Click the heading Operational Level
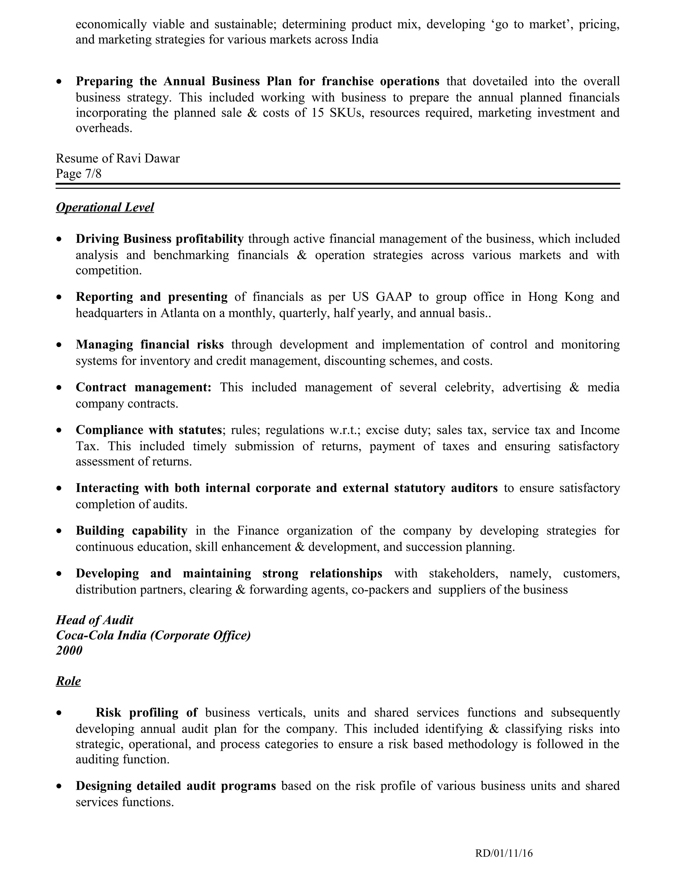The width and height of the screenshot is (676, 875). [105, 208]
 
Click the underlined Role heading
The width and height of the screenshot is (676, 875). [68, 681]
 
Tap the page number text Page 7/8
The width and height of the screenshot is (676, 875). [79, 174]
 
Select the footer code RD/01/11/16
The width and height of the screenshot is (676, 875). [504, 853]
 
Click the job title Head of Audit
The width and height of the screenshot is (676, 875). [94, 620]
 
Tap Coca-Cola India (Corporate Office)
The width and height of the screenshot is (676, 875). [153, 635]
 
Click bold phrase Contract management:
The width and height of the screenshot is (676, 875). [143, 387]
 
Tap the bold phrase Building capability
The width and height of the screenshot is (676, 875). [131, 531]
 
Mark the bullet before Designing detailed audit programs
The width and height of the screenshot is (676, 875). [59, 787]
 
